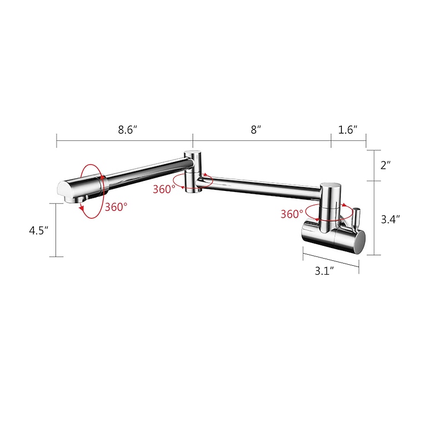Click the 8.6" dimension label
[127, 130]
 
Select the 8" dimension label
[255, 130]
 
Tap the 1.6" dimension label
[348, 130]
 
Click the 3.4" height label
[391, 219]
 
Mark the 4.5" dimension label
[39, 230]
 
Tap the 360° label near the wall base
[291, 213]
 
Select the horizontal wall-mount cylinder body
[333, 237]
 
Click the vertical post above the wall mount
[329, 200]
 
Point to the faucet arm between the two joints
[261, 185]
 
